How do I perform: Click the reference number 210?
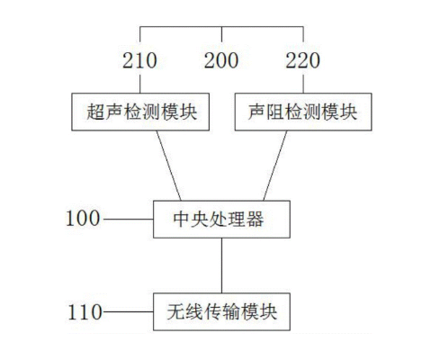click(x=139, y=60)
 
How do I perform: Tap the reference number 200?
click(x=221, y=60)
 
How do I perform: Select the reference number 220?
click(x=303, y=60)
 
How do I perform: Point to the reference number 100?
click(x=83, y=218)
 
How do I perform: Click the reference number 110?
click(x=85, y=312)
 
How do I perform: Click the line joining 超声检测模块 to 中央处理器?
click(x=168, y=166)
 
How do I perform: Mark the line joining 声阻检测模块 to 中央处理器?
click(x=275, y=166)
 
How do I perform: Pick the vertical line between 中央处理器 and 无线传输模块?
click(x=221, y=265)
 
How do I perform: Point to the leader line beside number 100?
click(x=129, y=220)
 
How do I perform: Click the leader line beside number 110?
click(x=129, y=312)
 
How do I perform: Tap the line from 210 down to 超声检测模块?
click(x=140, y=84)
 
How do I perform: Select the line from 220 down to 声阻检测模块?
click(x=303, y=84)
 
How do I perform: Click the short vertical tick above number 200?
click(x=221, y=34)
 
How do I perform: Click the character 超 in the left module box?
click(x=95, y=112)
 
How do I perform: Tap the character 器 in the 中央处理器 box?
click(x=255, y=220)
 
